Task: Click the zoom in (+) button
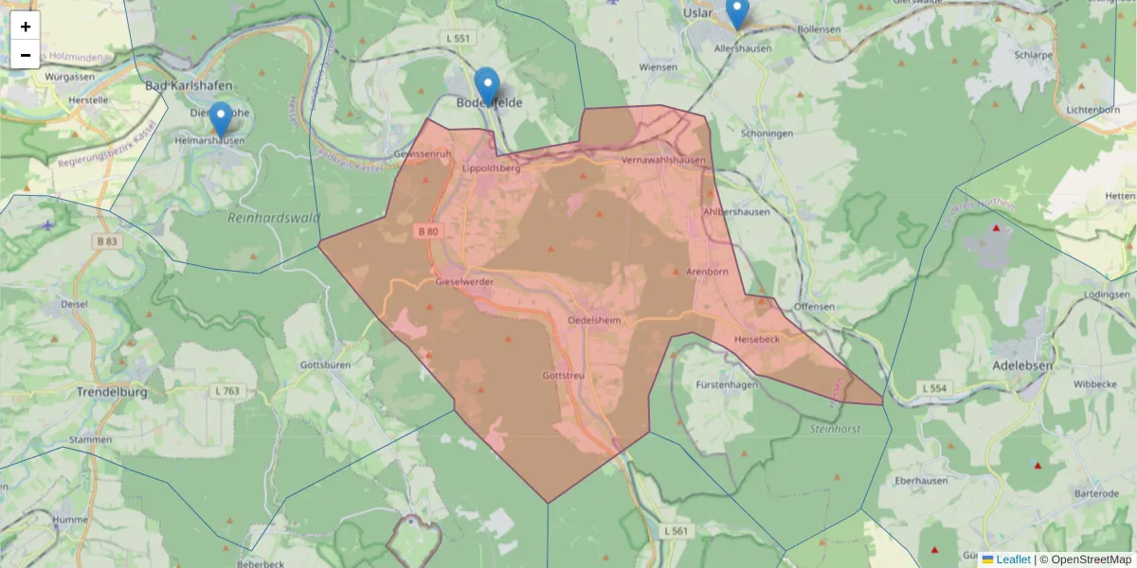point(26,27)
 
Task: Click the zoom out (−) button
point(26,55)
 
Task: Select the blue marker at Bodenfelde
point(487,86)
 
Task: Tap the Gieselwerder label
point(465,282)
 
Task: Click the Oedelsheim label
point(593,321)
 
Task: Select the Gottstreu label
point(564,376)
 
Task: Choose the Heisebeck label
point(757,339)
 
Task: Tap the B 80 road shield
point(426,230)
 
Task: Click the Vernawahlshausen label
point(664,161)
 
